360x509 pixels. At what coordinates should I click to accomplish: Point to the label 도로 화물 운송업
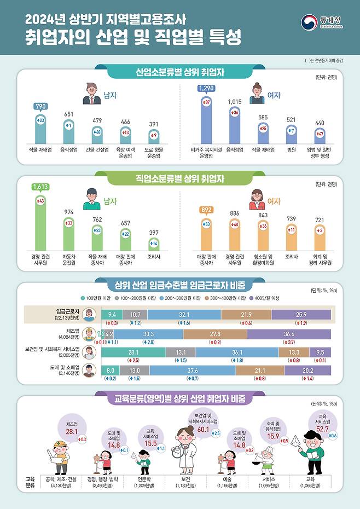pos(154,152)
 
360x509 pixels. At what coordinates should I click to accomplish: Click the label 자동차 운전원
pos(69,261)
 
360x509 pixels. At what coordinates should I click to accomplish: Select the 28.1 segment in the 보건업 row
pos(132,351)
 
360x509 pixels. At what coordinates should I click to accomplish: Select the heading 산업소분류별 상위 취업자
pos(180,72)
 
